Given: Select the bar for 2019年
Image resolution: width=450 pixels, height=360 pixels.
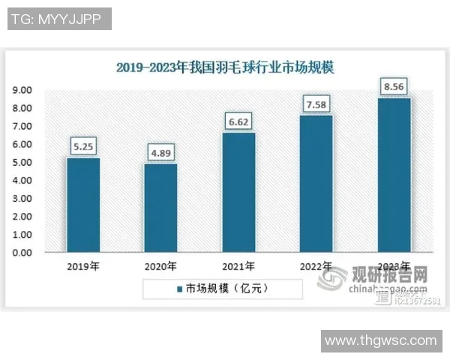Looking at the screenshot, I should [82, 205].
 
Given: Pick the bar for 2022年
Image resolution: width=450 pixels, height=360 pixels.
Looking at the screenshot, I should [316, 184].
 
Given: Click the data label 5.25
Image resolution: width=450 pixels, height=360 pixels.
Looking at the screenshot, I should [82, 146].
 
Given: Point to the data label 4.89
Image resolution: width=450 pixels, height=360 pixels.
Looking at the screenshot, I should [160, 153].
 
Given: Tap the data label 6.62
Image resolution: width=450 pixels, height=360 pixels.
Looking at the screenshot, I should [238, 121].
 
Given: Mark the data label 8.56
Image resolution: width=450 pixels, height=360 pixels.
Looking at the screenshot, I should [394, 86].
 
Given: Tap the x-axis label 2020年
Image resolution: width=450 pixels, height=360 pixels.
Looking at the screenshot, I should [160, 266].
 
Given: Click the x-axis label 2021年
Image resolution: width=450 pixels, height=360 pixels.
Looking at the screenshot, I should [238, 266].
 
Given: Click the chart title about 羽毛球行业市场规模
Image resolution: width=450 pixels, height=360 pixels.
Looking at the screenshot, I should [225, 67].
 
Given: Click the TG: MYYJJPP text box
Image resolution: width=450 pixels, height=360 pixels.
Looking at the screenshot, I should [59, 19].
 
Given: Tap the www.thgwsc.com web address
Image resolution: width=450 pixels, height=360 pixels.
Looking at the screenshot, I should [380, 341].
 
